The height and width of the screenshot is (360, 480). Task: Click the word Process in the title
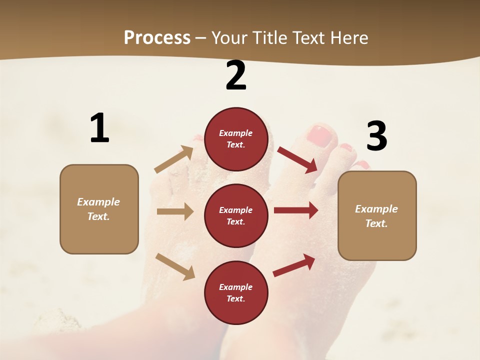tap(157, 38)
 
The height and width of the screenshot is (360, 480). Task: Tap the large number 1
tap(99, 128)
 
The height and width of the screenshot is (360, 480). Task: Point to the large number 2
tap(236, 75)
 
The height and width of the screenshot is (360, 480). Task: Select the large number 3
tap(376, 136)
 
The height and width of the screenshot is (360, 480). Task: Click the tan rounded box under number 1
tap(99, 209)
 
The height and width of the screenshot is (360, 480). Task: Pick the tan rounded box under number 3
tap(377, 215)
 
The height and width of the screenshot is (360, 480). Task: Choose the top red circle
tap(236, 139)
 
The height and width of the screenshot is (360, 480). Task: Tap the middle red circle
tap(236, 215)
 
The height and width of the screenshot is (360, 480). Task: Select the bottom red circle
tap(236, 292)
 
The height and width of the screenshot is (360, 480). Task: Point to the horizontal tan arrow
tap(175, 211)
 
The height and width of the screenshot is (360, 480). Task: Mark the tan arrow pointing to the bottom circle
tap(175, 266)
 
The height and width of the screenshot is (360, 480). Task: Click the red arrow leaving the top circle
tap(297, 160)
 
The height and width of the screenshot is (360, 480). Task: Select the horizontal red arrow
tap(296, 210)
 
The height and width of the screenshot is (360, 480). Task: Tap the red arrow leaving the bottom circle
tap(294, 265)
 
